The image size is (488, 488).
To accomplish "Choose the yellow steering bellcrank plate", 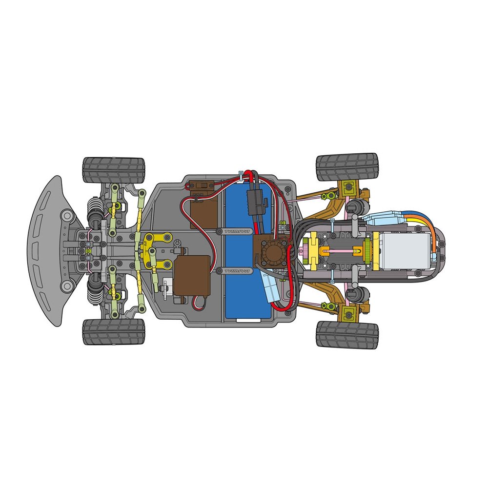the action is click(157, 249).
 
